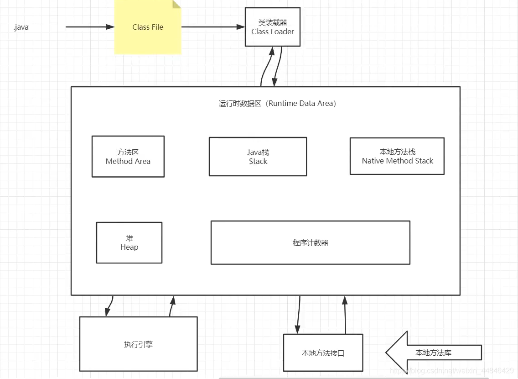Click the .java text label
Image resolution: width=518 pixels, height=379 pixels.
[21, 27]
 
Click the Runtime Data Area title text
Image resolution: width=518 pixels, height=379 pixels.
[277, 104]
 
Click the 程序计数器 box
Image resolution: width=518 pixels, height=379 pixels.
[310, 243]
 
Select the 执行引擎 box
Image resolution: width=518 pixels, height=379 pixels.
[138, 344]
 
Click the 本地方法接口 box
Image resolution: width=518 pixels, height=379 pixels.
[323, 353]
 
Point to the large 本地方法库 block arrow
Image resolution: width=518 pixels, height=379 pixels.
[433, 353]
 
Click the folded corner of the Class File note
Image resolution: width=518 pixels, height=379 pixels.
[177, 4]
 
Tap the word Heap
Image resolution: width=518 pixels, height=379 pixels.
[129, 247]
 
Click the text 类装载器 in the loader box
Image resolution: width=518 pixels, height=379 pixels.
[273, 23]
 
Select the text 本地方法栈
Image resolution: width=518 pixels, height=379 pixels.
[397, 152]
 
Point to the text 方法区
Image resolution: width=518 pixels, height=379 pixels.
[128, 152]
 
